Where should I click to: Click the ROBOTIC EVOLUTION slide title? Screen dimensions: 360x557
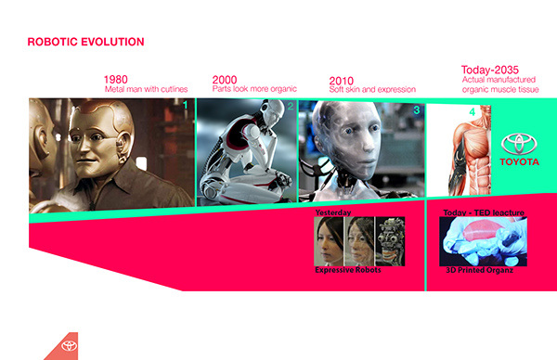[85, 43]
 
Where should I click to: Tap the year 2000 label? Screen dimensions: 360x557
[226, 79]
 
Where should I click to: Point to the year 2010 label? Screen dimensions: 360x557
[343, 79]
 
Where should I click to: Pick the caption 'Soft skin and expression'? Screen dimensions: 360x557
[372, 90]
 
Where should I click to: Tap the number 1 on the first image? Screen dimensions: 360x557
[185, 106]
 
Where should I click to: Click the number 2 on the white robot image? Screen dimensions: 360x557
[291, 108]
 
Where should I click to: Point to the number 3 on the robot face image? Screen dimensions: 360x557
[417, 109]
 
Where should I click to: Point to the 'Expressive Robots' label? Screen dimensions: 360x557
[347, 269]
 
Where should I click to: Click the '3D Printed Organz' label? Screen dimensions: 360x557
[478, 270]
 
